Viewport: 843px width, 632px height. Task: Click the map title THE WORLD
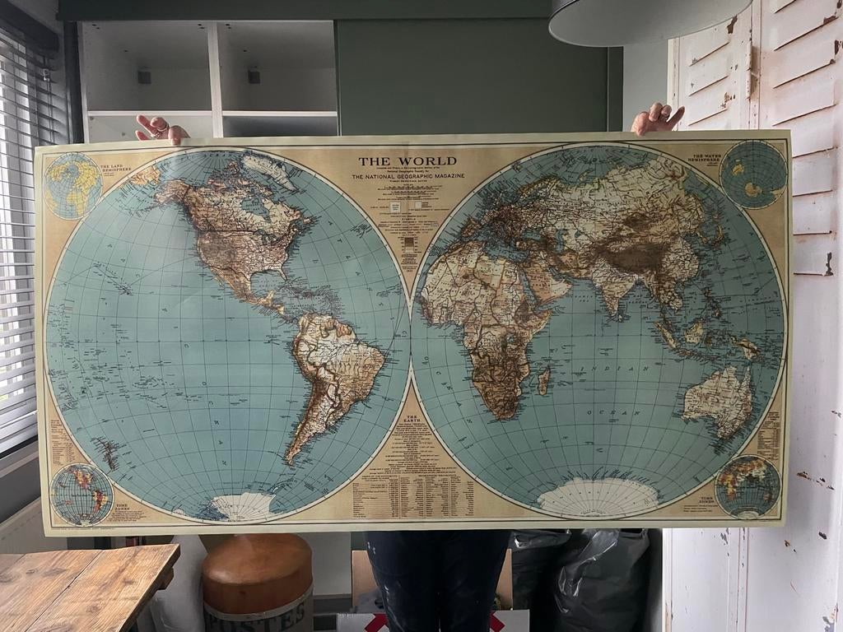tap(407, 161)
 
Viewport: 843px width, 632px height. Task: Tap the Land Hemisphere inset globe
tap(72, 184)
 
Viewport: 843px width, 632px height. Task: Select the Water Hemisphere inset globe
tap(752, 174)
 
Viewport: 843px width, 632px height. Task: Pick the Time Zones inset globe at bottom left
tap(81, 494)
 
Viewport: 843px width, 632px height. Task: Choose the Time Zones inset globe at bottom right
tap(747, 486)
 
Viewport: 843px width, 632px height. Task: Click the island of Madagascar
tap(543, 380)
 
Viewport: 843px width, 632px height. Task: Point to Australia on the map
tap(718, 400)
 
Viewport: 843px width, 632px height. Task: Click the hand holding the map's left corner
tap(161, 128)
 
